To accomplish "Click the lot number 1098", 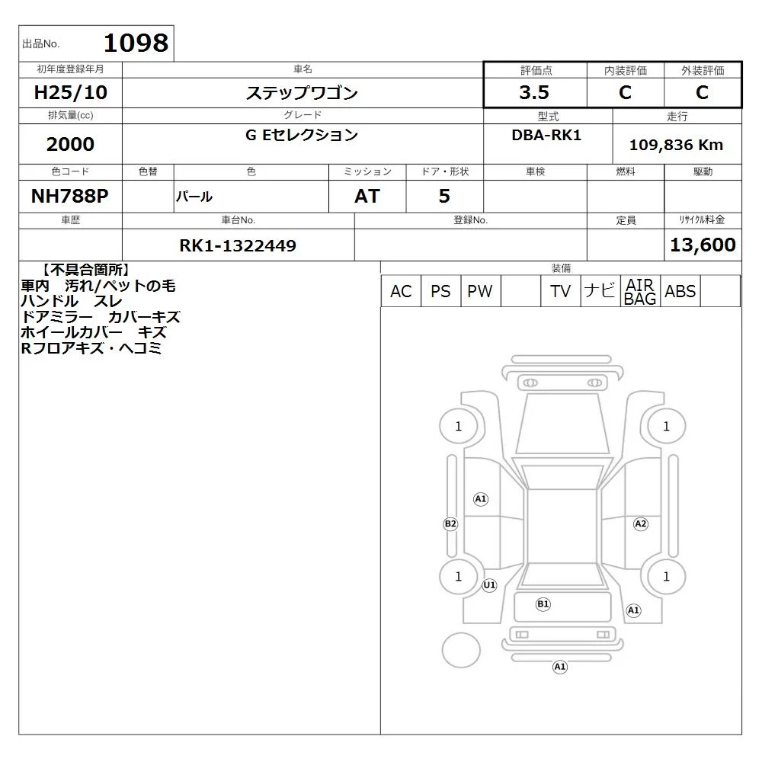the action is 136,43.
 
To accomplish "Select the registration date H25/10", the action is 70,92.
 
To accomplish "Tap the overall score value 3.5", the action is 534,92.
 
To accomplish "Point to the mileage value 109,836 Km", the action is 676,145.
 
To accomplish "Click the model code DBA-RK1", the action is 546,135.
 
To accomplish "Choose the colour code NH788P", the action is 70,196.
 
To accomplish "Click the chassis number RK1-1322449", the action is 238,245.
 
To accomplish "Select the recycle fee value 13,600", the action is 703,245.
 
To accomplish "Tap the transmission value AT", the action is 367,197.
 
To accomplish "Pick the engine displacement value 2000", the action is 70,144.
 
